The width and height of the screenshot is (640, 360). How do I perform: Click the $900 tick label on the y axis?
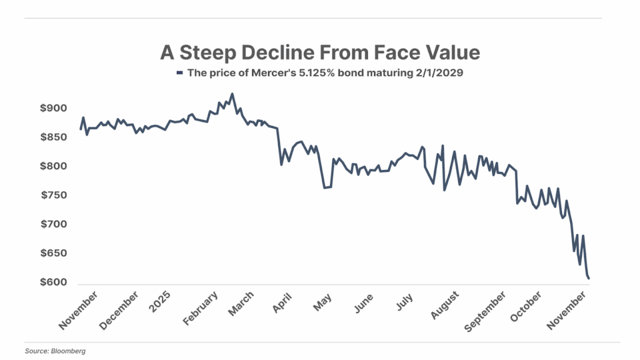[54, 108]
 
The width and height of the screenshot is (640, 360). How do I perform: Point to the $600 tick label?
[54, 282]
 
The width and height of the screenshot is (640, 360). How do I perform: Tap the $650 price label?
[54, 253]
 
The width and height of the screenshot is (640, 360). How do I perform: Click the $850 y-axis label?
[54, 137]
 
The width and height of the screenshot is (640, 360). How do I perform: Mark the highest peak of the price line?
[232, 94]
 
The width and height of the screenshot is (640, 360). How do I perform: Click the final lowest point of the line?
[589, 278]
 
